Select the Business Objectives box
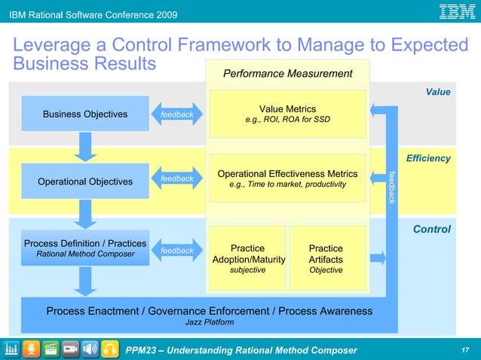85,114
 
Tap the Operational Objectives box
85,182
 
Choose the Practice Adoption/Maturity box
247,258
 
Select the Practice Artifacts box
326,258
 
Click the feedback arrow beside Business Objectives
176,114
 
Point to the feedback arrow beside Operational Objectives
176,178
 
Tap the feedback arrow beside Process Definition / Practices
176,250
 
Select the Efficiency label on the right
427,158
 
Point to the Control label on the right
431,229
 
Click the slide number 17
464,349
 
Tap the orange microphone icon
31,349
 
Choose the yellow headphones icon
110,349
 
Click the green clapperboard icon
51,349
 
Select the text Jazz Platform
209,322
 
